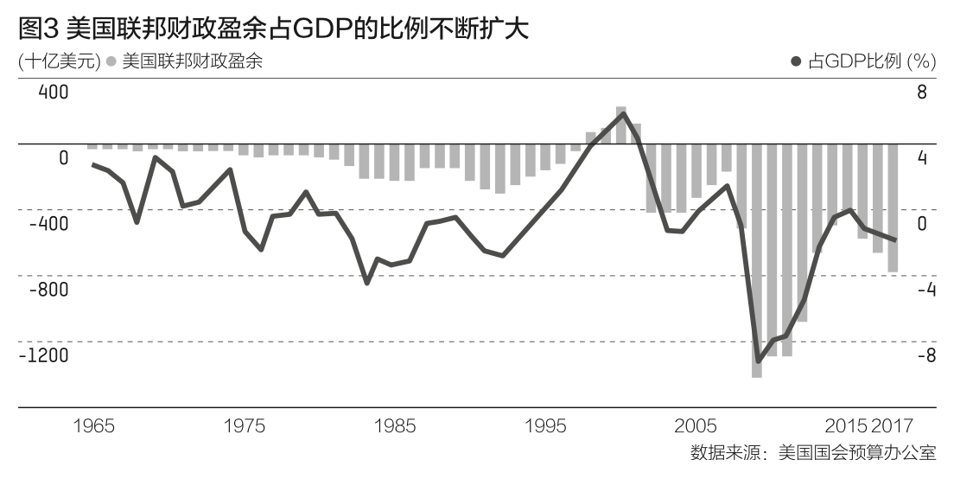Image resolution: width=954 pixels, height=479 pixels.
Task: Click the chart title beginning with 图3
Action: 272,29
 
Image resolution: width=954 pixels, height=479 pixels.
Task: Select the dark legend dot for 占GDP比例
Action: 797,61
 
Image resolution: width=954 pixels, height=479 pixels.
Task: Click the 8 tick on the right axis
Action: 921,93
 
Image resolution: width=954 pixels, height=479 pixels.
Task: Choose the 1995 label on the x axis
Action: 545,426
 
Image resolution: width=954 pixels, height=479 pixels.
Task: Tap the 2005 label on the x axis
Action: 696,426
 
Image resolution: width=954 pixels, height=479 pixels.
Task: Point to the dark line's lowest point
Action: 758,361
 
